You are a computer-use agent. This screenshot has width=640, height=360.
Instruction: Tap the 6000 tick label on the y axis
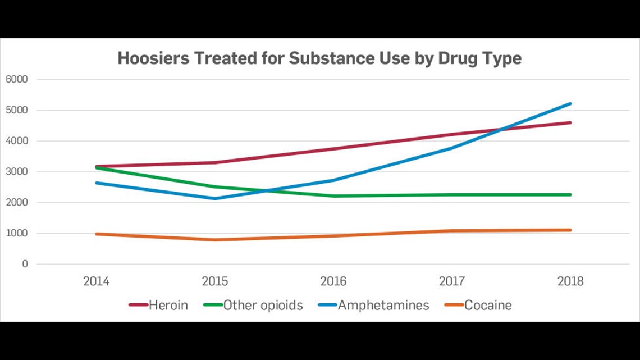point(16,79)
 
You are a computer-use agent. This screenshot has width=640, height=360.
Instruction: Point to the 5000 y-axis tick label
point(16,110)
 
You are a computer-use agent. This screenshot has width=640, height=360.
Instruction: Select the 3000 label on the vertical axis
point(16,172)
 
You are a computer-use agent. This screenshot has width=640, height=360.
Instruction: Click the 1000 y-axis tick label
point(16,233)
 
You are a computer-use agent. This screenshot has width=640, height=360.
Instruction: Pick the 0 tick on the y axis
point(24,264)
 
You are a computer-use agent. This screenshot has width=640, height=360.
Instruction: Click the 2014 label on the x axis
point(96,281)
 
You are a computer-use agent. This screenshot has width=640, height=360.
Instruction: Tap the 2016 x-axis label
point(333,281)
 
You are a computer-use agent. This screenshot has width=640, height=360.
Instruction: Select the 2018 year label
point(570,281)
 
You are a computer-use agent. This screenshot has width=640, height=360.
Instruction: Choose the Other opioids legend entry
point(263,306)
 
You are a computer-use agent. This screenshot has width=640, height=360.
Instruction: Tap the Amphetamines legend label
point(383,306)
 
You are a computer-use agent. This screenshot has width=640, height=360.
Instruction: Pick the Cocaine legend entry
point(487,306)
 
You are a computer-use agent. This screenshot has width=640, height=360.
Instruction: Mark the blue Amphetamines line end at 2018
point(570,104)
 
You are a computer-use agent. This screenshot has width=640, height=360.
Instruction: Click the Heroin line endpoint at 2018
point(570,122)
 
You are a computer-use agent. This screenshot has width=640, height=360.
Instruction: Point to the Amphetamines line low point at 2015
point(214,198)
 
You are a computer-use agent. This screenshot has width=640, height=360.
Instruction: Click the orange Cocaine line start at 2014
point(97,234)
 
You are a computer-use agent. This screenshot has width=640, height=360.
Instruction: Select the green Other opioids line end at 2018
point(570,195)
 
